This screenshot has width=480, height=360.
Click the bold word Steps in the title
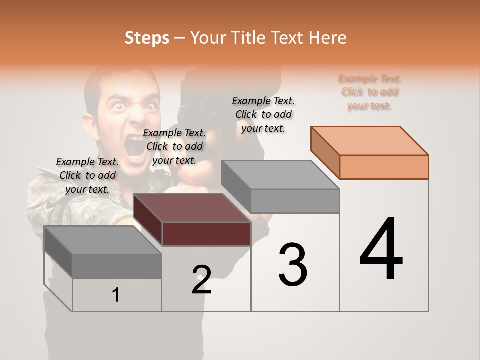[x=147, y=38]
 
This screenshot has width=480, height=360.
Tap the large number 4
[x=381, y=249]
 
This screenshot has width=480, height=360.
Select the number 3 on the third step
[x=293, y=265]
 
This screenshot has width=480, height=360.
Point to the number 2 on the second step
[x=201, y=280]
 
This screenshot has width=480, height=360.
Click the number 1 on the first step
[x=115, y=295]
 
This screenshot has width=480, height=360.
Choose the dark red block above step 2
[x=192, y=220]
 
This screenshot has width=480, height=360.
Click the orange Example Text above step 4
[x=370, y=92]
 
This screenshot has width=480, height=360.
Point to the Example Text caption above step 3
[x=263, y=114]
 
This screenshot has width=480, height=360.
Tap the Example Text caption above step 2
[x=174, y=146]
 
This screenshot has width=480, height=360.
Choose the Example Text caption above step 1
[x=87, y=175]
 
